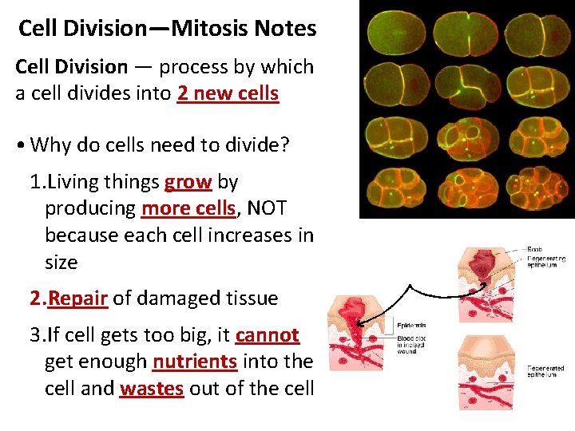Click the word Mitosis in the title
(x=210, y=30)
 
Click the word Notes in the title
(x=285, y=30)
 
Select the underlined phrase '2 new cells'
(x=228, y=93)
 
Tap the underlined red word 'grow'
(x=188, y=182)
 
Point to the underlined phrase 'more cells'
(x=188, y=209)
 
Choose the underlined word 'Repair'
(x=77, y=299)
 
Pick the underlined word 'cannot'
(x=267, y=335)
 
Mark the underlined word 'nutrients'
(x=194, y=362)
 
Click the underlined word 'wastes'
(x=152, y=389)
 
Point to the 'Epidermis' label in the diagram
(x=410, y=325)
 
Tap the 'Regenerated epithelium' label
(x=546, y=372)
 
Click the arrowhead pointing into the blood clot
(x=359, y=322)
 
